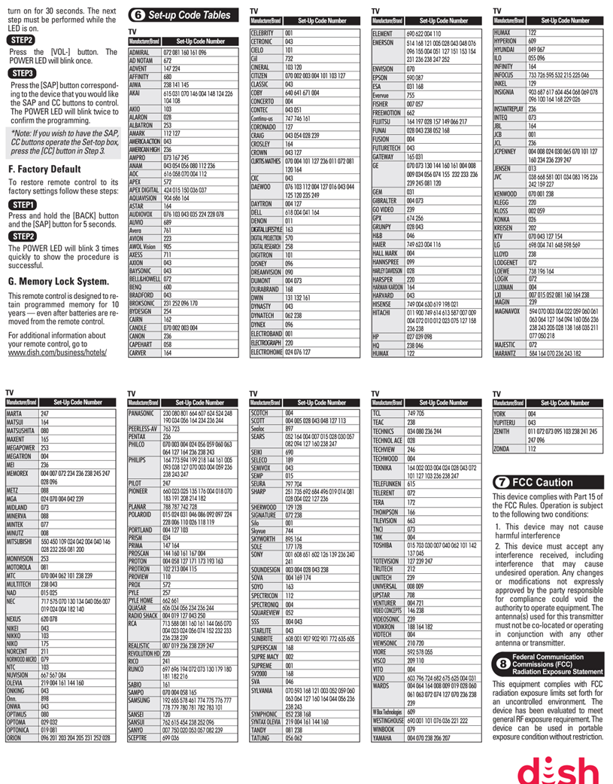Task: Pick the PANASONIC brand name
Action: point(144,413)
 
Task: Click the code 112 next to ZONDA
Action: point(532,448)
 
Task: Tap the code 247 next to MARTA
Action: point(44,413)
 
